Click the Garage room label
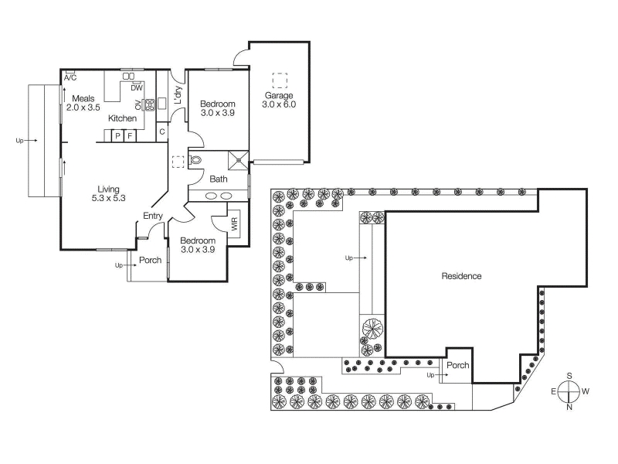pyautogui.click(x=279, y=95)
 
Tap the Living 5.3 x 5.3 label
pyautogui.click(x=108, y=194)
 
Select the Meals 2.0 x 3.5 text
pyautogui.click(x=83, y=103)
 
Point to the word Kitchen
pyautogui.click(x=122, y=118)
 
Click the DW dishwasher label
pyautogui.click(x=137, y=88)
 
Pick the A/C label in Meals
pyautogui.click(x=70, y=78)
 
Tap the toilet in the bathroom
pyautogui.click(x=195, y=160)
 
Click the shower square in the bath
pyautogui.click(x=238, y=160)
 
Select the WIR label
pyautogui.click(x=235, y=224)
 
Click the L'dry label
pyautogui.click(x=178, y=94)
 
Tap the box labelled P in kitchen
pyautogui.click(x=117, y=137)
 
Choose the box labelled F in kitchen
pyautogui.click(x=130, y=137)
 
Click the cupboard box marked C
pyautogui.click(x=162, y=131)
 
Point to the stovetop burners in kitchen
pyautogui.click(x=150, y=104)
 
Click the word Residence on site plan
pyautogui.click(x=461, y=276)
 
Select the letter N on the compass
pyautogui.click(x=569, y=408)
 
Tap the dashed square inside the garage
pyautogui.click(x=280, y=80)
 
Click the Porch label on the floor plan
pyautogui.click(x=150, y=260)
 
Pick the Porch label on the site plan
pyautogui.click(x=457, y=365)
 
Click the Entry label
pyautogui.click(x=153, y=216)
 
